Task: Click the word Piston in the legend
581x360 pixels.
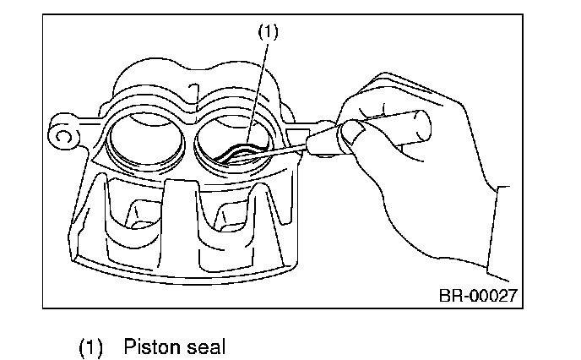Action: pos(150,346)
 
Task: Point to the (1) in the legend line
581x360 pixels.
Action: pos(91,346)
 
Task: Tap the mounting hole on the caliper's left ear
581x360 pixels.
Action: pos(61,134)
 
